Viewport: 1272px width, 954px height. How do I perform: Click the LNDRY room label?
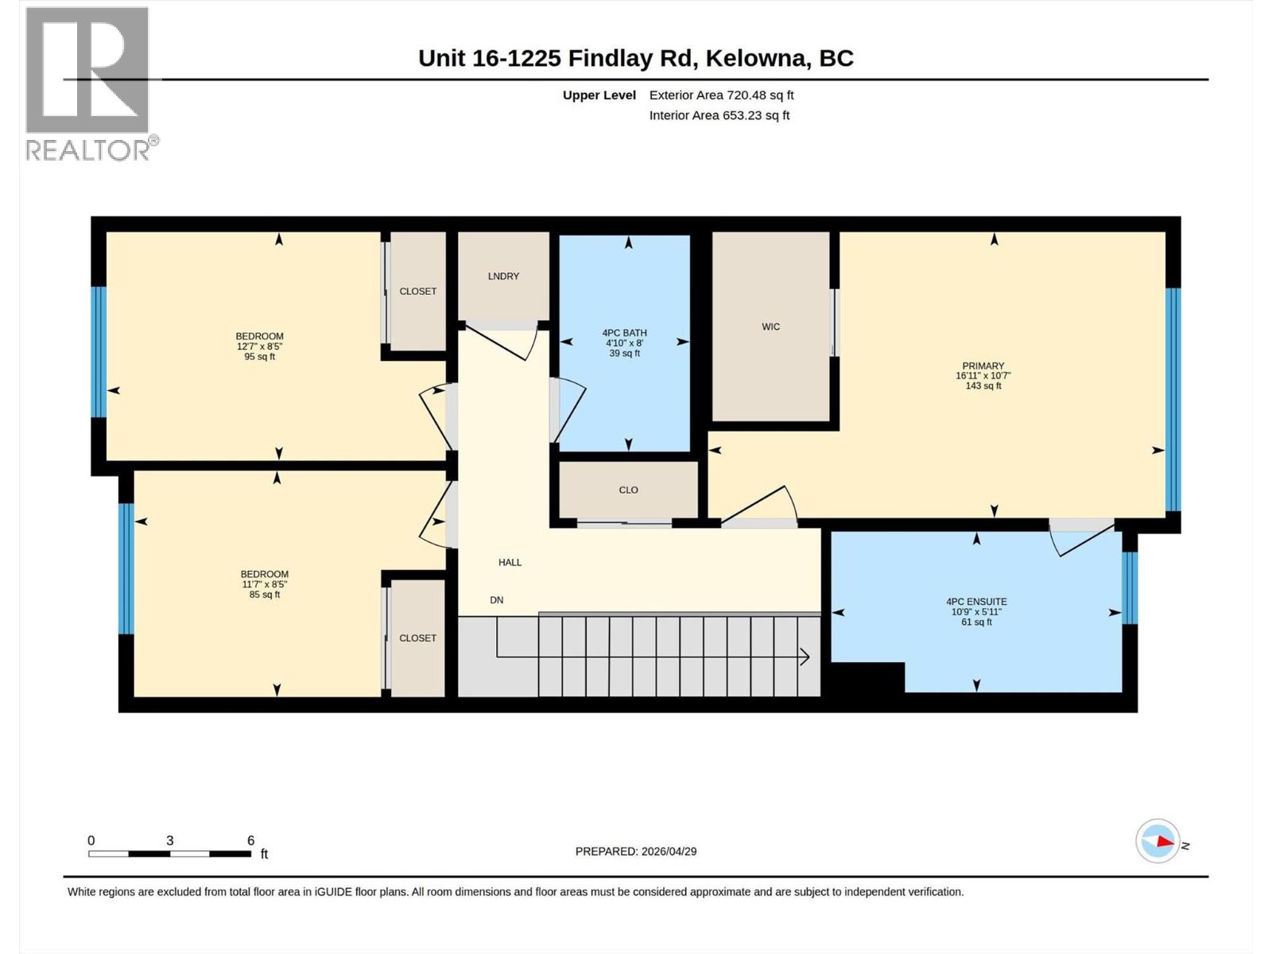(x=503, y=276)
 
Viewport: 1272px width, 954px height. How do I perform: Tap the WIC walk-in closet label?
(x=770, y=327)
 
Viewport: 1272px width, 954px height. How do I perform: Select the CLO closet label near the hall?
(x=628, y=490)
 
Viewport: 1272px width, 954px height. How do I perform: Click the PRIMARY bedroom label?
(x=983, y=366)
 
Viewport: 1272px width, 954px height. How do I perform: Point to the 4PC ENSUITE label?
(x=976, y=602)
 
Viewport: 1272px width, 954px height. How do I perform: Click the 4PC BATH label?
(x=624, y=333)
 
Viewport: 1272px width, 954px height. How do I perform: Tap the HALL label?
(x=510, y=562)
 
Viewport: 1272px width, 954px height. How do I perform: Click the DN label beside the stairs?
(x=496, y=600)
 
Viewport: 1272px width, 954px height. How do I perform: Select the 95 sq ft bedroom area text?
(x=259, y=357)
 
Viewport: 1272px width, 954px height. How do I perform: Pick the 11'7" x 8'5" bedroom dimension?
(x=264, y=584)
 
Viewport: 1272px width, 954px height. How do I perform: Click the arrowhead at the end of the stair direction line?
(x=805, y=657)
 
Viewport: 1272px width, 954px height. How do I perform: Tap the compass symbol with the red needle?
(x=1158, y=841)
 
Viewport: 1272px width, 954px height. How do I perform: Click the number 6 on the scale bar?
(x=250, y=840)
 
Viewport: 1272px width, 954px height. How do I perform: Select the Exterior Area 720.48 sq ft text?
(x=721, y=95)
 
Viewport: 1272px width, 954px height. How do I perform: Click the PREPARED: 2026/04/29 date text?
(x=636, y=851)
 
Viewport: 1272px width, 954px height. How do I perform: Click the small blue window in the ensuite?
(x=1129, y=588)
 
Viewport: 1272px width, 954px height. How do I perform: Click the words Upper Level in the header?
(x=599, y=95)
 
